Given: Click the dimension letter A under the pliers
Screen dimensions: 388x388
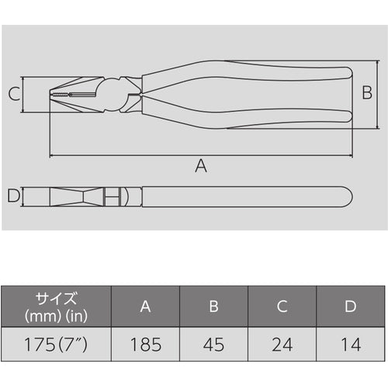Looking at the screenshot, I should pos(201,165).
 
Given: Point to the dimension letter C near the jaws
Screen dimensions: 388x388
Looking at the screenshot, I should pos(13,95).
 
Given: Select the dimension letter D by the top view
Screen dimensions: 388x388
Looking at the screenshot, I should pos(12,196).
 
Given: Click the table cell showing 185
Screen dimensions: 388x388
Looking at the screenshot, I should pos(145,342).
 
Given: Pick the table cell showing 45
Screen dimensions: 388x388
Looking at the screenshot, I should pos(213,342).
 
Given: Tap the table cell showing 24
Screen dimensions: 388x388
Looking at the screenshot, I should pos(282,342).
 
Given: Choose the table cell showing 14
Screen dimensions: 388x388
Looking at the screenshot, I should pos(350,342).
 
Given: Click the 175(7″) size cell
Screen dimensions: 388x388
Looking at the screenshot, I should pos(56,342).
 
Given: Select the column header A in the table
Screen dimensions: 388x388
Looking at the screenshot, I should pos(145,307).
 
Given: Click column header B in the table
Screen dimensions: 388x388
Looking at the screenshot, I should pos(213,307).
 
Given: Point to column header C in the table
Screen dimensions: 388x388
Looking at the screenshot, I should pos(282,307).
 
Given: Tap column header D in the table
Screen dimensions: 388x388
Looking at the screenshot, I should pos(350,307).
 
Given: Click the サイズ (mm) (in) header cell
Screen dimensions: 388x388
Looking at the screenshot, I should pos(56,307).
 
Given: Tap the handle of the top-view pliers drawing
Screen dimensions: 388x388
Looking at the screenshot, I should pos(248,196).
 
